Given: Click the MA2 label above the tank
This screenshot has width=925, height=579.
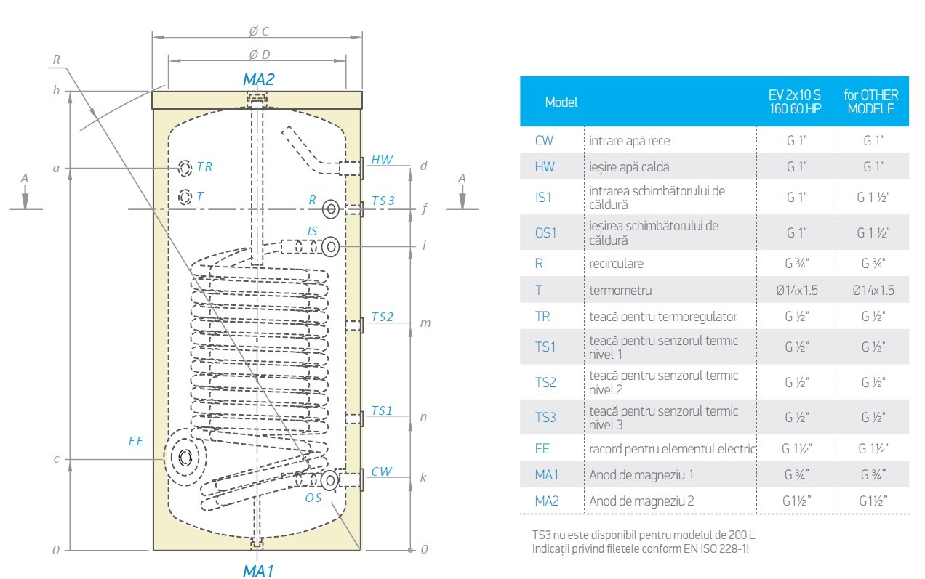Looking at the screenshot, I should [258, 79].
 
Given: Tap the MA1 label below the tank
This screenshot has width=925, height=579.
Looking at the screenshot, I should [257, 571].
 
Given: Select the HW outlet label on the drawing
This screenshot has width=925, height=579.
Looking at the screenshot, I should [381, 160].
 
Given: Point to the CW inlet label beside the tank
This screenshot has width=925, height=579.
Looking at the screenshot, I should [381, 471].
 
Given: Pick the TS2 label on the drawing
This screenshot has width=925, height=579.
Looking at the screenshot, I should [382, 317].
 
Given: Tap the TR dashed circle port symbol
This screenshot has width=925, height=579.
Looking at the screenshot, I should [185, 168].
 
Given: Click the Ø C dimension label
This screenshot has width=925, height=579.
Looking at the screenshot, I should [259, 31].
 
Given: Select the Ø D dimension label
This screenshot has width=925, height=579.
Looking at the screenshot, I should [259, 54].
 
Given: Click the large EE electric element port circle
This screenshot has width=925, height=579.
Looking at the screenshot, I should [185, 458].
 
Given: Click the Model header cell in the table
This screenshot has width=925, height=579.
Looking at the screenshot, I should [561, 102].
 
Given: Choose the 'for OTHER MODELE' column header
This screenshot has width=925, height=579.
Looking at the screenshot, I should [870, 102].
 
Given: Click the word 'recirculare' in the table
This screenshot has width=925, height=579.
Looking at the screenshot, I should [616, 263].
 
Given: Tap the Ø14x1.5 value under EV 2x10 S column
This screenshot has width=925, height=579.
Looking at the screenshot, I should [796, 291].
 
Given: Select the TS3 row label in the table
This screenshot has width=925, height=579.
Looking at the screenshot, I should [545, 417].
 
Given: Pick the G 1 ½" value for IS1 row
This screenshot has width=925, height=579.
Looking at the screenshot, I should [871, 198].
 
